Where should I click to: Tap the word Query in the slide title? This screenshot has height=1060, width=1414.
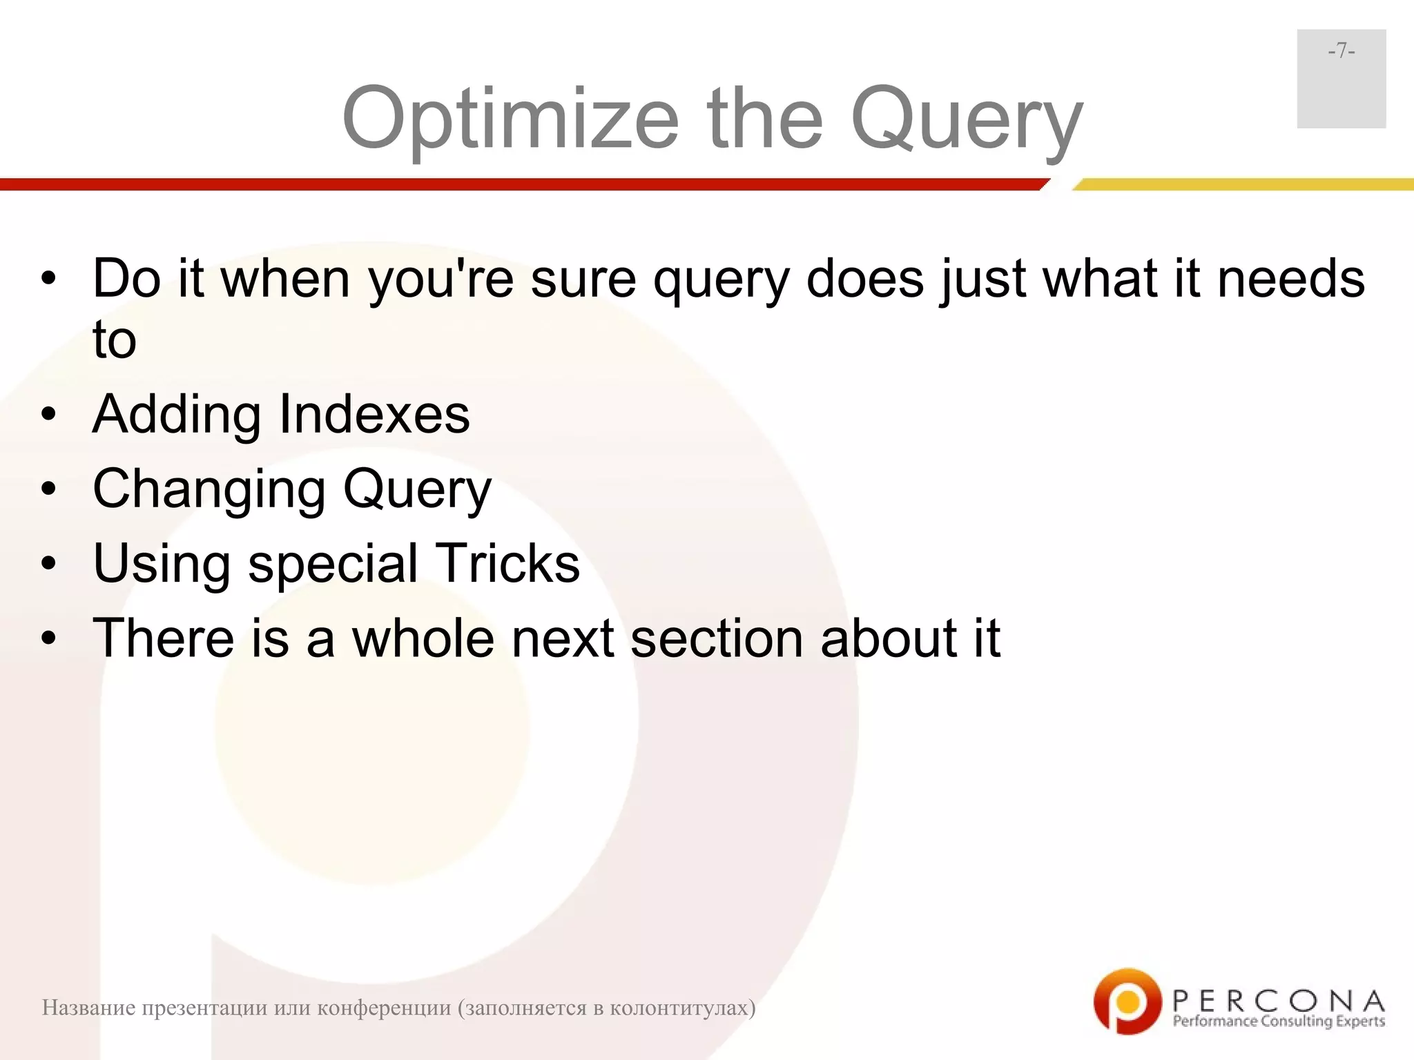[967, 119]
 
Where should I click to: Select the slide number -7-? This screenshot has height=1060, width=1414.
[1341, 51]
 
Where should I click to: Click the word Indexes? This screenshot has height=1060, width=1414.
[374, 414]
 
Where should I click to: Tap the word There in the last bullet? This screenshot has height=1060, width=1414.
[164, 638]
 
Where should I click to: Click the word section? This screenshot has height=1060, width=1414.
[717, 638]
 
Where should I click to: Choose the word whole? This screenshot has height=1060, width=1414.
[423, 638]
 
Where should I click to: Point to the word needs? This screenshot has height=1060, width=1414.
[1290, 279]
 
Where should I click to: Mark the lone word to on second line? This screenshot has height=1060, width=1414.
[115, 340]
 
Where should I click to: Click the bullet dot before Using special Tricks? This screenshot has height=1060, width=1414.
[48, 564]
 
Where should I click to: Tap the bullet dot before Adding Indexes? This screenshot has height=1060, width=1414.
[48, 415]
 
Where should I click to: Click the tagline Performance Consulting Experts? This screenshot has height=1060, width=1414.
[1279, 1021]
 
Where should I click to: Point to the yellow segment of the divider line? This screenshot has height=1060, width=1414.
[1243, 184]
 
